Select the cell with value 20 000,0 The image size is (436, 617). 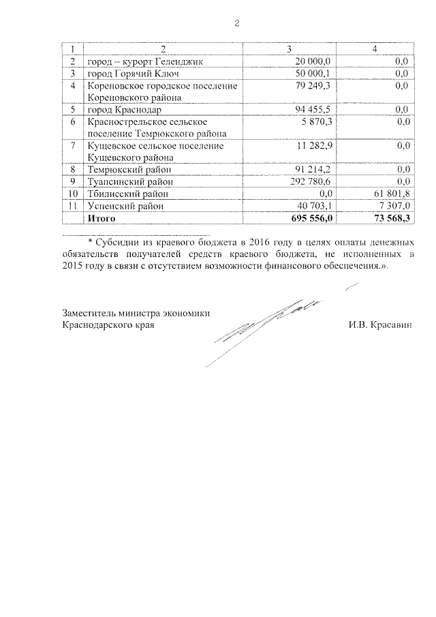click(x=311, y=62)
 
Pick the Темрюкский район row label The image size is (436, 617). click(x=129, y=170)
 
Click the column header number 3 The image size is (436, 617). click(x=291, y=50)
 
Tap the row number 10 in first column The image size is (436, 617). click(x=72, y=193)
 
